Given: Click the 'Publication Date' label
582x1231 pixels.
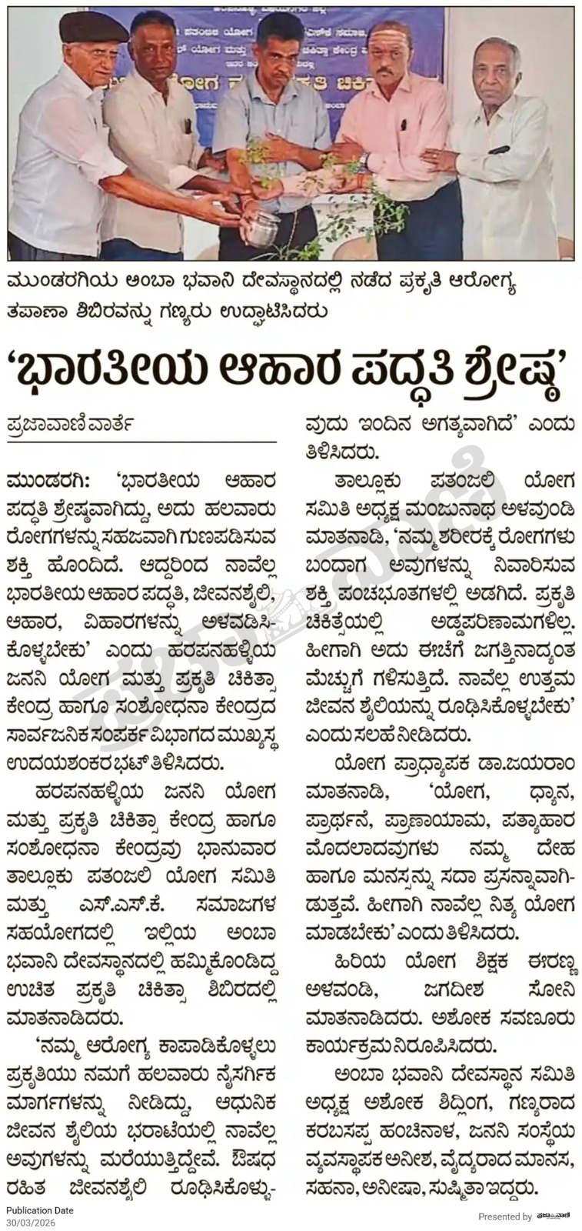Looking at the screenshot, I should [40, 1210].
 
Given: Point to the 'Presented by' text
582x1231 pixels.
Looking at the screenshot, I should [504, 1216].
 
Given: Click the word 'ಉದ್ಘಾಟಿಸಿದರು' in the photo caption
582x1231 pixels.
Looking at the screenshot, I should [281, 312].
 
